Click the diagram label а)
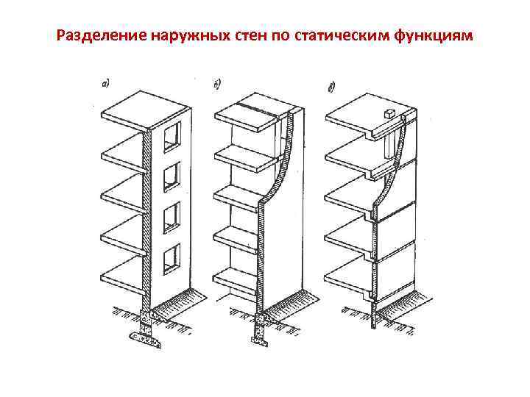click(x=105, y=83)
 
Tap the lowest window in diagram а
click(x=172, y=255)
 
